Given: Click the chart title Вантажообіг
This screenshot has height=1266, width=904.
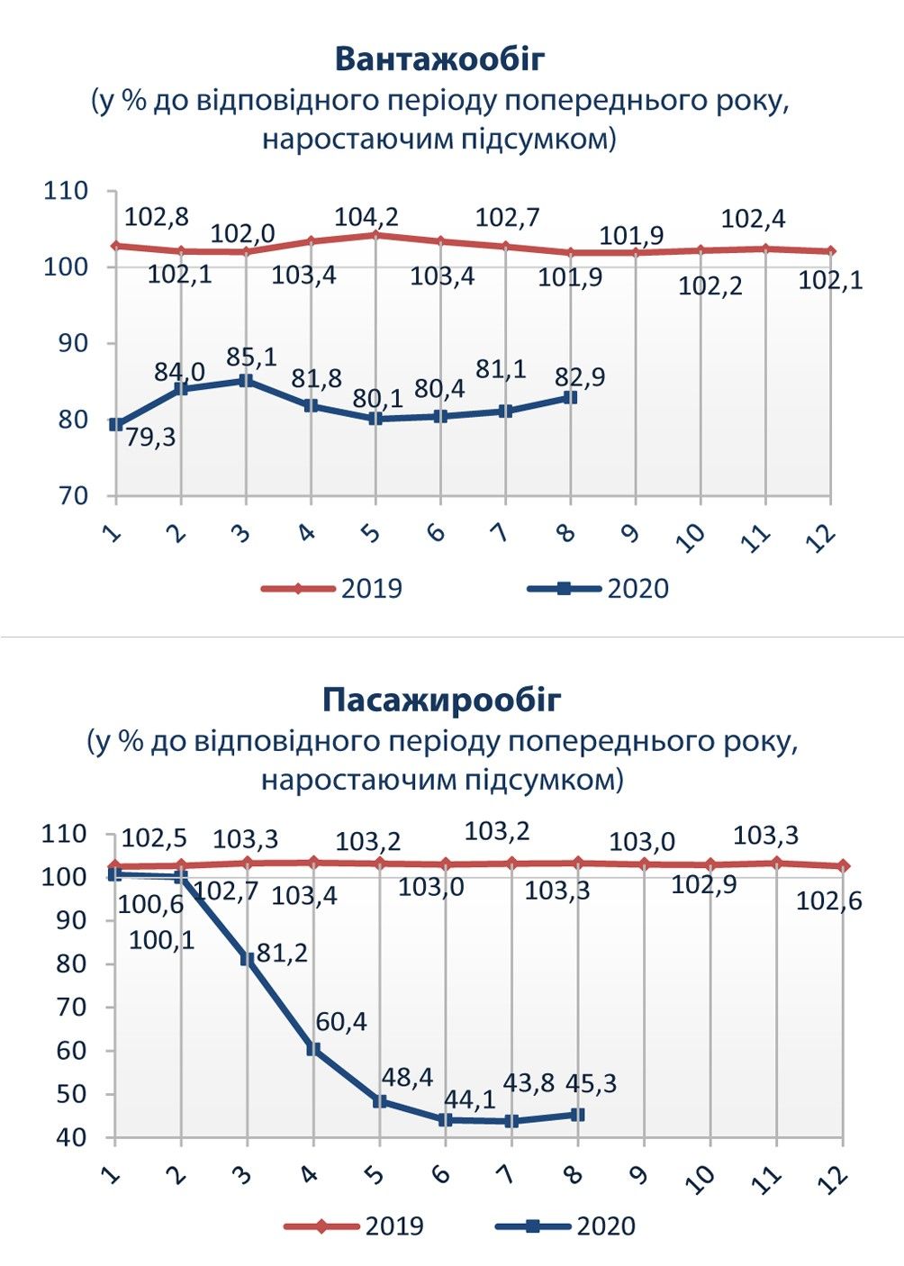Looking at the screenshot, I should [x=440, y=59].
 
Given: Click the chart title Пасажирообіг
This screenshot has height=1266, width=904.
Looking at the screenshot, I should [x=441, y=700].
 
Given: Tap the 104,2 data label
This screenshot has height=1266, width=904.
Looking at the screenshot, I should [x=366, y=217].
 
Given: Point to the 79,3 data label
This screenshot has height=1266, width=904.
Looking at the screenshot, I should [x=150, y=438].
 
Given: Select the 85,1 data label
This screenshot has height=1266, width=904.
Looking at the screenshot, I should [x=251, y=357].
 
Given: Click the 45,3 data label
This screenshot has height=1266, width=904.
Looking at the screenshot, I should [x=592, y=1083].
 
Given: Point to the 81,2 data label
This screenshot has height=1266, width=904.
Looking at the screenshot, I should [x=282, y=953].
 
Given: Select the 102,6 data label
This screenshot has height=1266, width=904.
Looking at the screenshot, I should [x=828, y=900].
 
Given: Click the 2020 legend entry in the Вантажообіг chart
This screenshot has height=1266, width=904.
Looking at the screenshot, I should [x=599, y=589].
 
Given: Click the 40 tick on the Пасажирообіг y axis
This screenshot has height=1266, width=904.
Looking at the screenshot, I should [x=75, y=1137].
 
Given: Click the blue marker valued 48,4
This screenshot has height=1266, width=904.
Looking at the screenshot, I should [x=380, y=1101].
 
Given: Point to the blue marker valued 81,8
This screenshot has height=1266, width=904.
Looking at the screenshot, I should [x=311, y=405].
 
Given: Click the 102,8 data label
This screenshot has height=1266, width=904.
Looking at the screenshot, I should [x=156, y=217].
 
